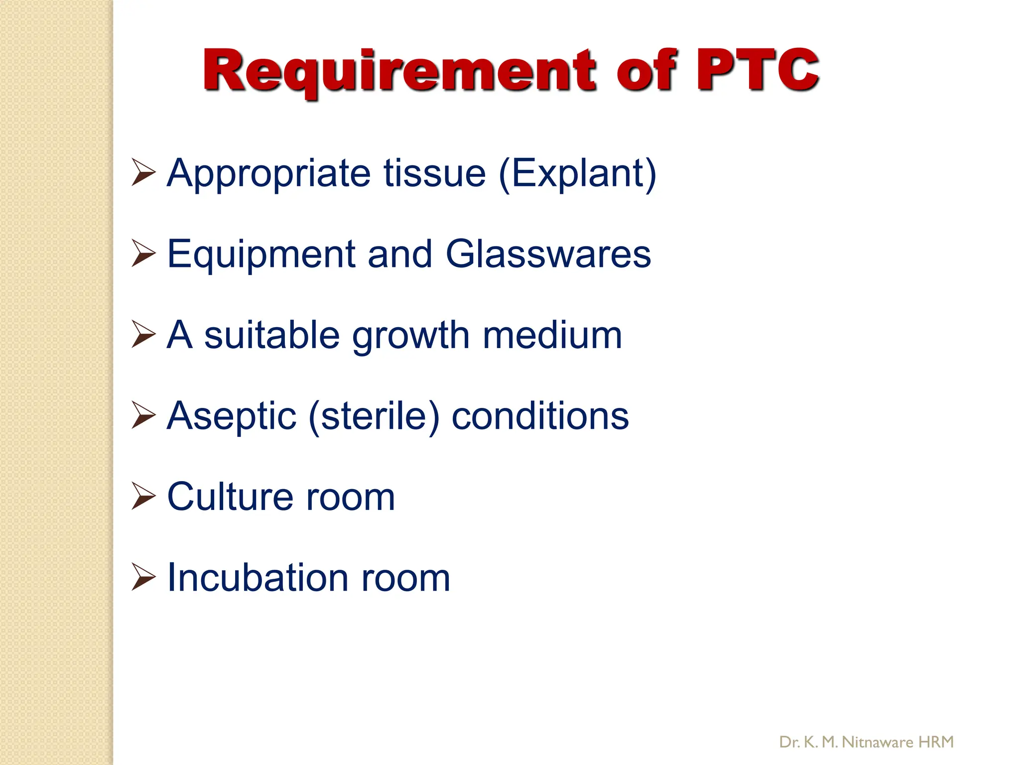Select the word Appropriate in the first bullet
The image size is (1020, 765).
(269, 174)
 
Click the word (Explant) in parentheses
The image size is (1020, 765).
(577, 174)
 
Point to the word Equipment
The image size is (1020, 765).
(261, 255)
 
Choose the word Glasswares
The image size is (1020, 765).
(548, 255)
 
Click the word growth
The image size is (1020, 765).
(411, 336)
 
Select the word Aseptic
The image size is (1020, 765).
(232, 417)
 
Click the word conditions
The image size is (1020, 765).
(540, 416)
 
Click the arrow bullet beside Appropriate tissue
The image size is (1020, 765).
(143, 172)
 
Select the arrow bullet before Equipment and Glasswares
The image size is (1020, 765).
(143, 253)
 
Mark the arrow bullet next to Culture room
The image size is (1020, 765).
(143, 496)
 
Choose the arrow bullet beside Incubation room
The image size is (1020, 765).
(143, 577)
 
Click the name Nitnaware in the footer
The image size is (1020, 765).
(877, 742)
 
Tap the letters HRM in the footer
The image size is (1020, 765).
(936, 742)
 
